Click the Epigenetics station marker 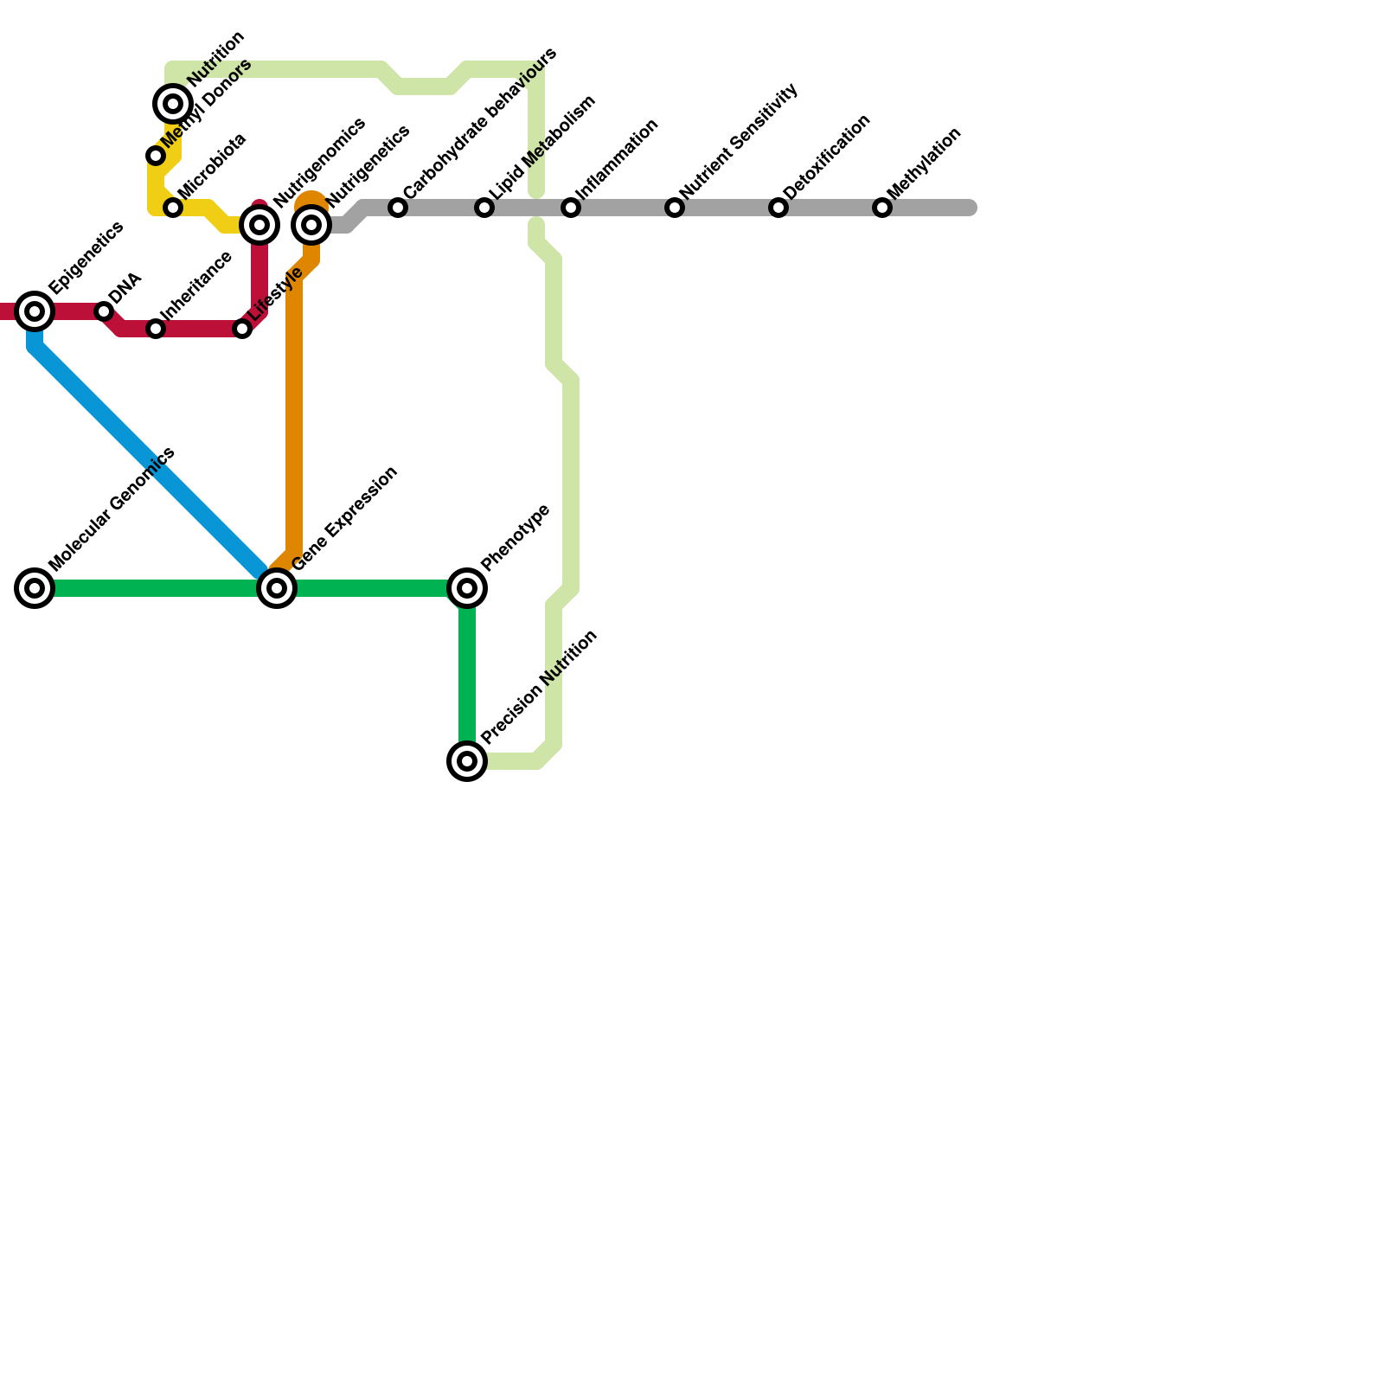point(35,311)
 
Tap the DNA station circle point(104,311)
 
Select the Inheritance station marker point(156,329)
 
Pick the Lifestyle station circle point(242,329)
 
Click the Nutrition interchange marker point(173,104)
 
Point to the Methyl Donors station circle point(156,156)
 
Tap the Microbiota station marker point(173,208)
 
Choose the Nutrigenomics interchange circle point(259,225)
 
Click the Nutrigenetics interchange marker point(311,225)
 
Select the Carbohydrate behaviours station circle point(398,208)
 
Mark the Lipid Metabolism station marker point(484,208)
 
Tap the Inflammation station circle point(571,208)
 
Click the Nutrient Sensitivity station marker point(675,208)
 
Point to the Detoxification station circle point(778,208)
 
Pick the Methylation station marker point(882,208)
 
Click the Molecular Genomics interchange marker point(35,588)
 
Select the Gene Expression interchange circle point(277,588)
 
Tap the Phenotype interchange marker point(467,588)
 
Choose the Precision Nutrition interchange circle point(467,761)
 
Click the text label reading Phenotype point(516,537)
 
